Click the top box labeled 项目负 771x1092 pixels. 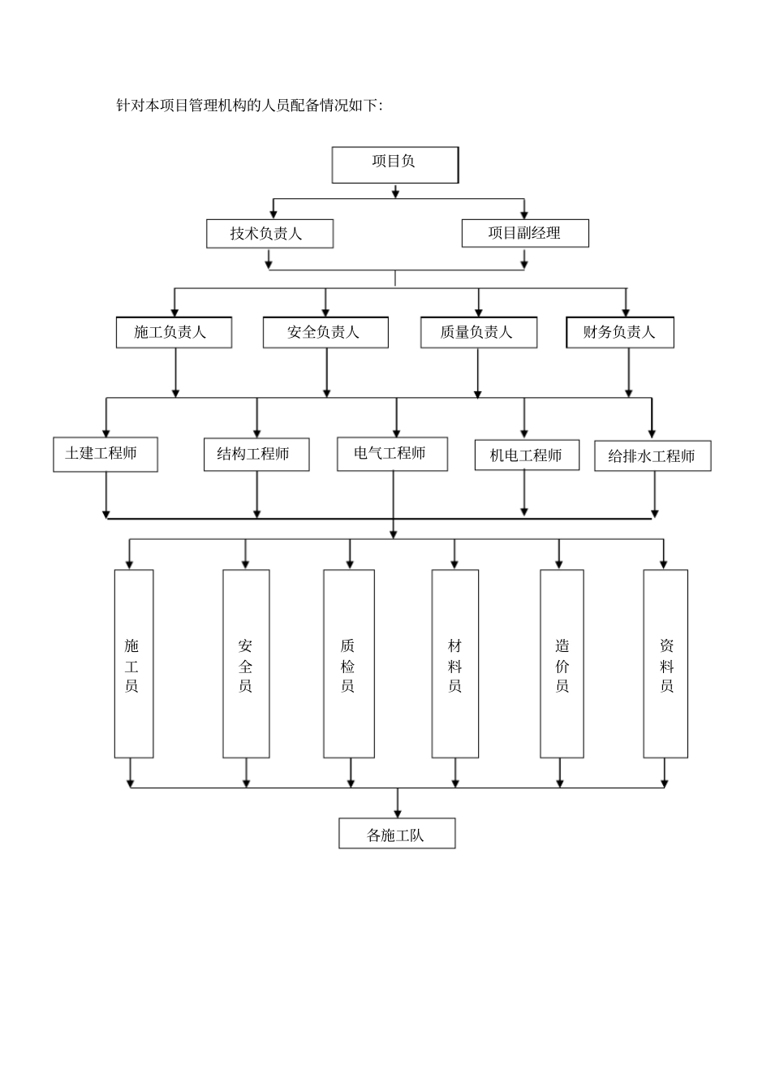(395, 165)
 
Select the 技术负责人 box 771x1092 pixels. (269, 234)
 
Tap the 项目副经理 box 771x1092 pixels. (524, 233)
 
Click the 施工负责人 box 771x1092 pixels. (174, 332)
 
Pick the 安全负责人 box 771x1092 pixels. (325, 332)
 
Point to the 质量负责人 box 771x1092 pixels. (478, 332)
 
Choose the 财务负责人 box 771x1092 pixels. (619, 332)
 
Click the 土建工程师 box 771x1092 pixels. (106, 455)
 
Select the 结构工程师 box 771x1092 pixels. (256, 455)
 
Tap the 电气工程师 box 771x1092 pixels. (392, 454)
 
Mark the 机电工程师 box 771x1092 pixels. (527, 455)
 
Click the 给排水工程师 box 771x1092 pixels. (653, 456)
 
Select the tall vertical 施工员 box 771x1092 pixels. (134, 663)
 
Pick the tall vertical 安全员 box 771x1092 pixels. (246, 663)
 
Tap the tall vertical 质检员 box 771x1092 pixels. (349, 663)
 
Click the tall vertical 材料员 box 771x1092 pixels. (454, 663)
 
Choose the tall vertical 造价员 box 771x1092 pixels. (562, 663)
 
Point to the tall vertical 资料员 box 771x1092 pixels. (665, 663)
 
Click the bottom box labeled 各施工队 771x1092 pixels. (397, 834)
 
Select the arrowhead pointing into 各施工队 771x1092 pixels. (397, 813)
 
